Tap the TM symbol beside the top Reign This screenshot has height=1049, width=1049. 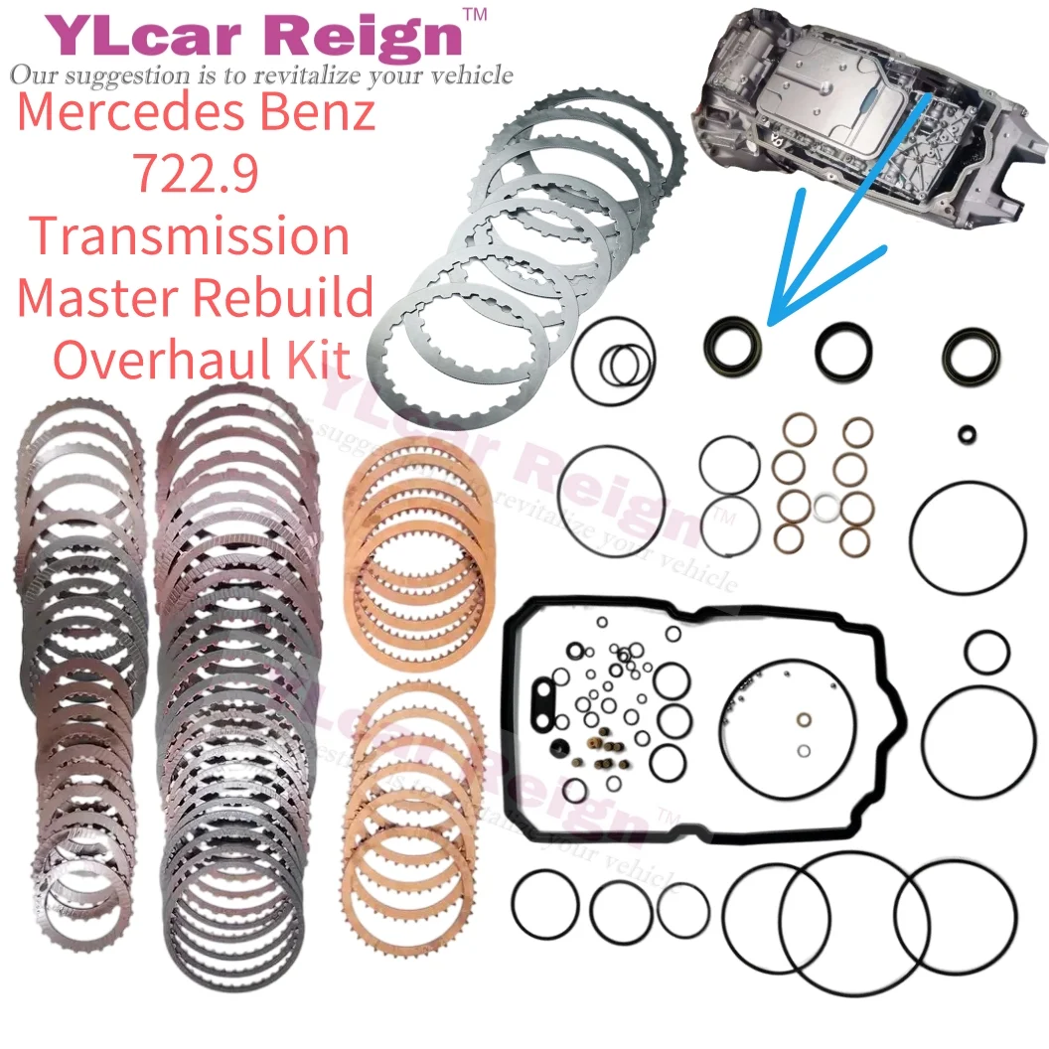coord(476,15)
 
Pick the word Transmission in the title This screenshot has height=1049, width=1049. coord(189,236)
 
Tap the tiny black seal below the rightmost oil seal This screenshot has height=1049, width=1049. coord(967,433)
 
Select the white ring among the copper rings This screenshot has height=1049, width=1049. coord(824,509)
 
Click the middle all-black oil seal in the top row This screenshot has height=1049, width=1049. coord(843,349)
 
